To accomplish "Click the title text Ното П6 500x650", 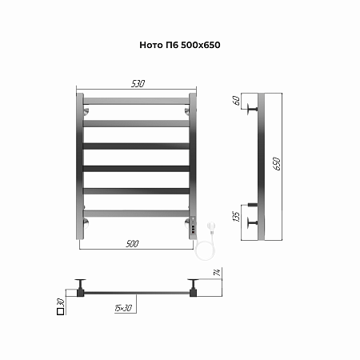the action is click(x=180, y=45).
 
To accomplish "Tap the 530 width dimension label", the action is click(x=138, y=84).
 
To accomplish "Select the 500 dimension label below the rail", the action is click(x=132, y=244).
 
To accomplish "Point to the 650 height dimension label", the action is click(x=277, y=164).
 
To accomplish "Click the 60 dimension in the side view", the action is click(x=236, y=101).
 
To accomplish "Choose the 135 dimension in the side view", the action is click(x=236, y=216).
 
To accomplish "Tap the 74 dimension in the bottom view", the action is click(x=218, y=273).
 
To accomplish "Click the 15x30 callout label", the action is click(x=123, y=308).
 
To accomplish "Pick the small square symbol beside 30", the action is click(x=61, y=311).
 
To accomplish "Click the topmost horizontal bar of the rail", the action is click(x=136, y=101).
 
